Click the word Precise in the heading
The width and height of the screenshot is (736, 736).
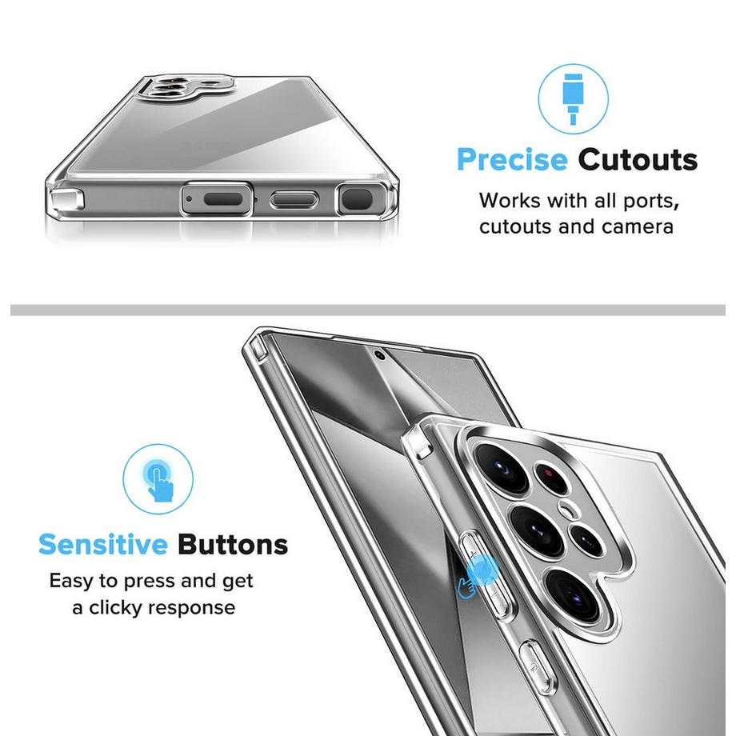[x=512, y=161]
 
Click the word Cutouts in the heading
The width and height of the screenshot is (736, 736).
[x=638, y=160]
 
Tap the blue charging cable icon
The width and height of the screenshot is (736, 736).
[x=573, y=99]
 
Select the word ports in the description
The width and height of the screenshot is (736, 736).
[x=650, y=202]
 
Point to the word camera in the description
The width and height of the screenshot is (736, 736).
[x=638, y=226]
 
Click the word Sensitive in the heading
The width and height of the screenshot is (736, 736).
[x=102, y=545]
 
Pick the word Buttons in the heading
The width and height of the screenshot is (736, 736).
[x=233, y=545]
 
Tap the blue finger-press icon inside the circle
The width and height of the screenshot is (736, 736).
[x=158, y=480]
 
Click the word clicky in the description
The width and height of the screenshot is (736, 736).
[x=115, y=608]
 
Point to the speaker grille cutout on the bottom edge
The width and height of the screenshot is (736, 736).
[x=223, y=199]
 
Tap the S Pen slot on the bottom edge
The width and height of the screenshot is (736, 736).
[x=358, y=198]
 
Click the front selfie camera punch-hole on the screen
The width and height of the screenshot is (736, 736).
[x=380, y=355]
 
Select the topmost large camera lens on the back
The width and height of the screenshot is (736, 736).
[x=502, y=467]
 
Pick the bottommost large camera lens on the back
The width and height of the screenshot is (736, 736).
[x=573, y=594]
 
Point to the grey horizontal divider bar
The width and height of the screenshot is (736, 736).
[x=368, y=310]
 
